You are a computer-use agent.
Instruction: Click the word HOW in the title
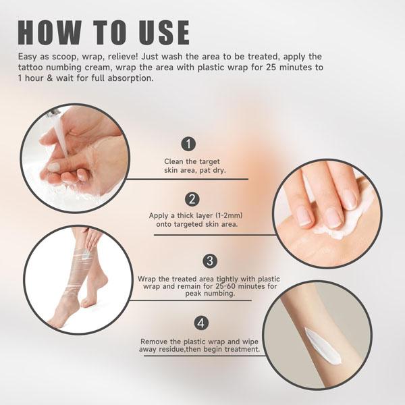coord(53,32)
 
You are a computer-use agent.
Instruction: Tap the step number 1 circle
coord(189,144)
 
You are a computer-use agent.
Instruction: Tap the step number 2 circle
coord(192,199)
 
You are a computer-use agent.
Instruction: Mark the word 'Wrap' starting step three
coord(147,279)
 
